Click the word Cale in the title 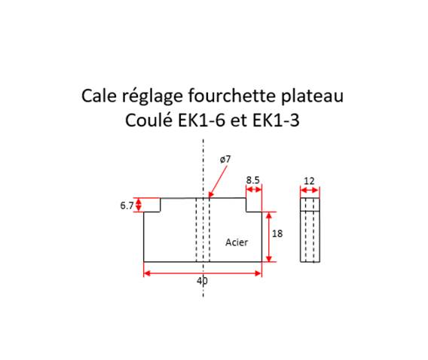point(99,96)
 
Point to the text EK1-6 point(201,120)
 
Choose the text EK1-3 point(276,120)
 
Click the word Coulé point(148,120)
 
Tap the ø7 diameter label point(225,159)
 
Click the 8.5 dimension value point(252,180)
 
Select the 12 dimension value point(309,181)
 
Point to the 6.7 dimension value point(127,206)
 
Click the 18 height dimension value point(277,233)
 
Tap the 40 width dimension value point(202,281)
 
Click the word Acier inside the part point(237,243)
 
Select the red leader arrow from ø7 point(217,182)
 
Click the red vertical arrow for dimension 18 point(269,236)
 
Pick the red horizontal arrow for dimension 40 point(203,273)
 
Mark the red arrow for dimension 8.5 point(254,189)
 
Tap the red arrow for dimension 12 point(310,190)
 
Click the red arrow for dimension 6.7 point(139,205)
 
